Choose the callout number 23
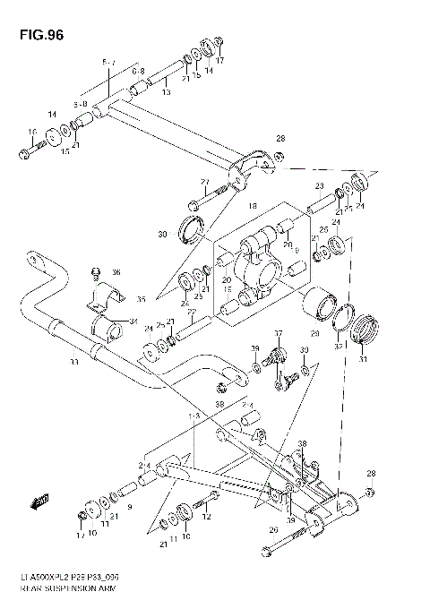(x=318, y=186)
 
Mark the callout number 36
(x=115, y=272)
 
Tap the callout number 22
(x=189, y=311)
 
